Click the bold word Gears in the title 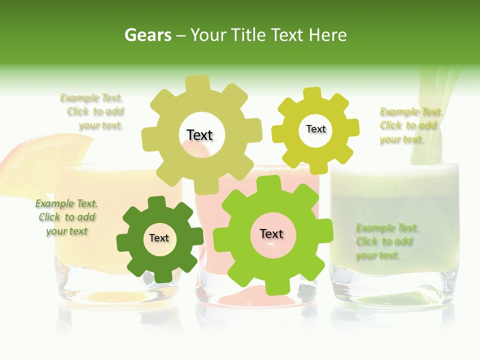[x=147, y=35]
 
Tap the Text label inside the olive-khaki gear [x=199, y=135]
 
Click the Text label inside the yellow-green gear [x=315, y=129]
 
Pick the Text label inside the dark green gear [x=159, y=238]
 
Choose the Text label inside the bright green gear [x=271, y=233]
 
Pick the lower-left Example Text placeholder [x=66, y=217]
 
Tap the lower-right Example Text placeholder [x=386, y=242]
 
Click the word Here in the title [x=328, y=35]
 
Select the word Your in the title [x=207, y=35]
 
